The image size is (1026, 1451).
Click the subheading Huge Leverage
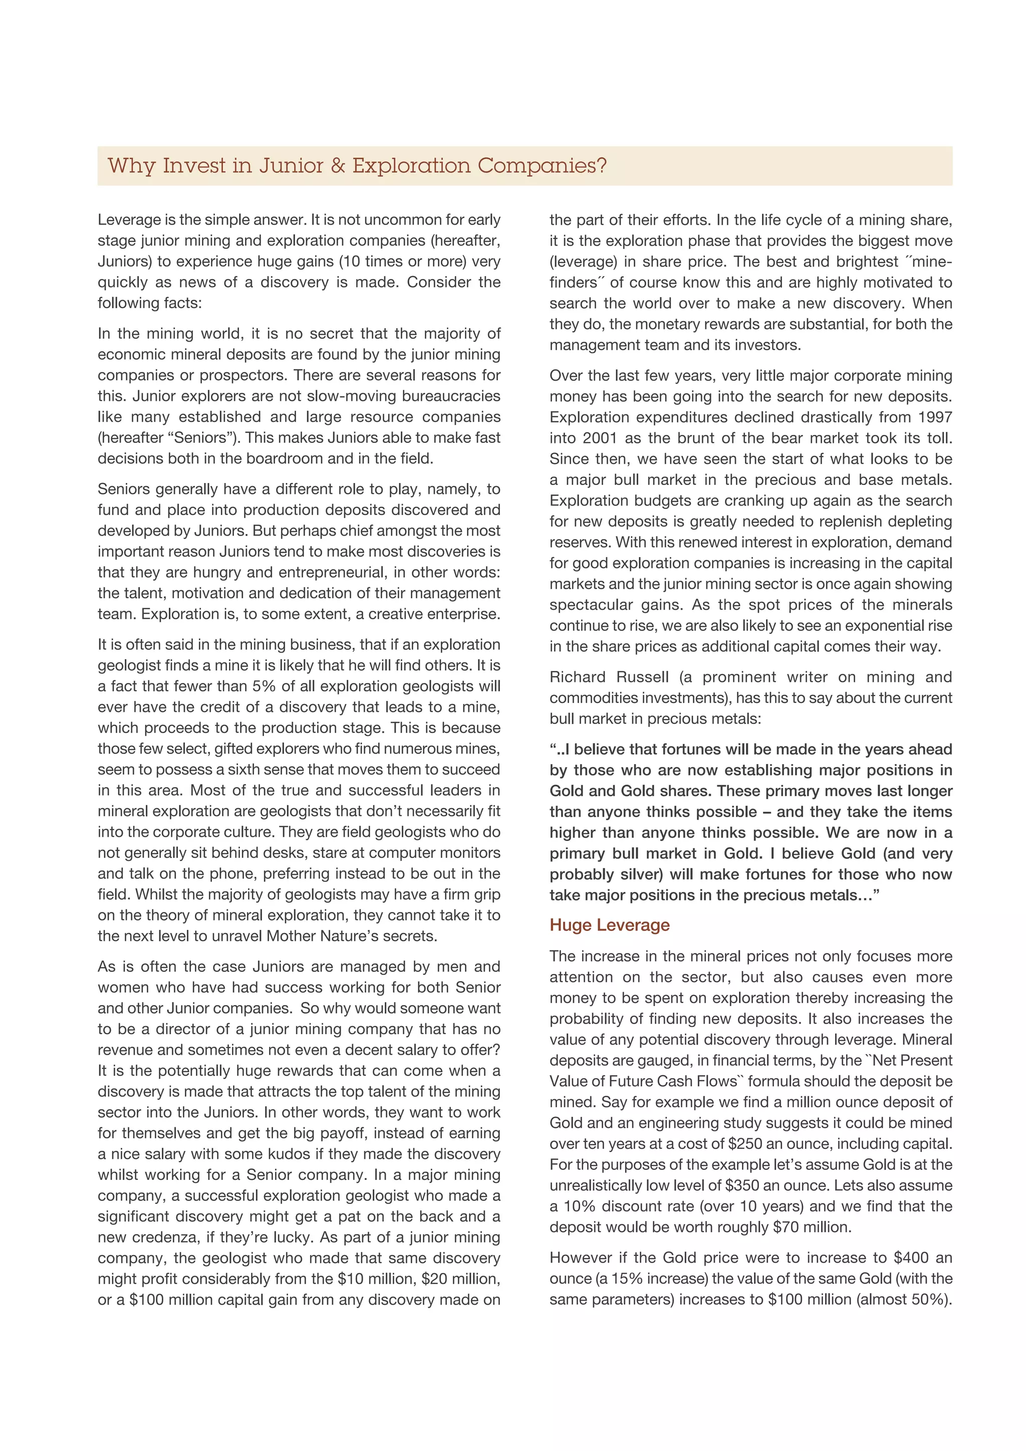[609, 925]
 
